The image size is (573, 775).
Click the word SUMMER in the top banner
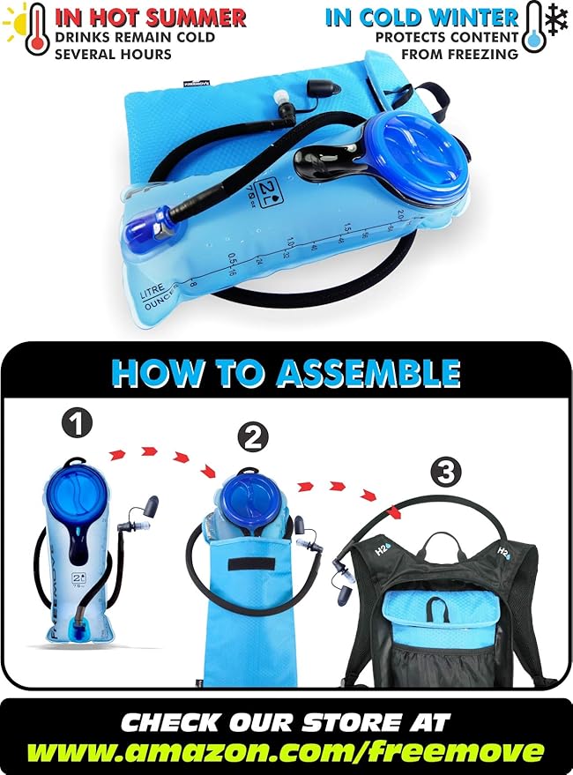pos(194,17)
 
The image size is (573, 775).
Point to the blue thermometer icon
pos(532,28)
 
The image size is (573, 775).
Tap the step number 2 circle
pos(253,436)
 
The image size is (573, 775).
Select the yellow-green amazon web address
pos(286,752)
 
